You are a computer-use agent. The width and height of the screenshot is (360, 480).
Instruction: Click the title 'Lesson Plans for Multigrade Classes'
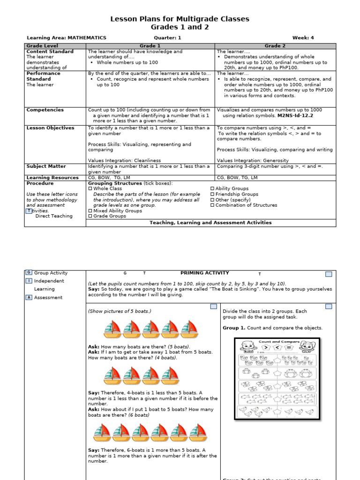[180, 19]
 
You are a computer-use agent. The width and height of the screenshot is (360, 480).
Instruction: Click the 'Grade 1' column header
[150, 46]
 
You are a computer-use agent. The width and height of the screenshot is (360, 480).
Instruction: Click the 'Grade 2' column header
[275, 46]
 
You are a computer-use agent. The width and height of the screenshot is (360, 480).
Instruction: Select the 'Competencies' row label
[45, 110]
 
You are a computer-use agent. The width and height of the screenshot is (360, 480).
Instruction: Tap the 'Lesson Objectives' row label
[50, 128]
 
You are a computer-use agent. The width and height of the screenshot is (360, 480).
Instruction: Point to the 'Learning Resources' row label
[52, 178]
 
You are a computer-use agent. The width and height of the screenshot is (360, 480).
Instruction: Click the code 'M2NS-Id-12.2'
[295, 115]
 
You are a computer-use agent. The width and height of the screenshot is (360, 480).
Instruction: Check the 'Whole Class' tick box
[90, 188]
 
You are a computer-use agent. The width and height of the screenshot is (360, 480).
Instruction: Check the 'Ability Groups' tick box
[212, 188]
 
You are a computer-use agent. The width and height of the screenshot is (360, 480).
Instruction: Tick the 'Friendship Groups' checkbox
[212, 194]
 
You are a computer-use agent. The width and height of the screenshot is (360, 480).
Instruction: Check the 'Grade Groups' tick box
[90, 217]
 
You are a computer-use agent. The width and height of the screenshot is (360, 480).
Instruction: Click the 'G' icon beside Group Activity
[29, 273]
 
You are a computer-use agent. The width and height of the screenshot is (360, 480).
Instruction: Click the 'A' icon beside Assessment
[29, 297]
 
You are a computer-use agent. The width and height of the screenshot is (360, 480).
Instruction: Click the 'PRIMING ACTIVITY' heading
[204, 273]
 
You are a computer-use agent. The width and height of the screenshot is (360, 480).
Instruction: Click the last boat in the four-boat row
[170, 375]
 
